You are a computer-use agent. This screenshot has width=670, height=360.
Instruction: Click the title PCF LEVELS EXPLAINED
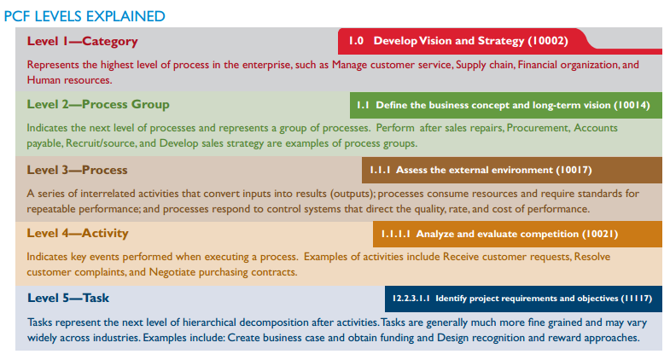click(x=84, y=16)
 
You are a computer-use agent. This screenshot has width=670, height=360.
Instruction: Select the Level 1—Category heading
click(x=83, y=41)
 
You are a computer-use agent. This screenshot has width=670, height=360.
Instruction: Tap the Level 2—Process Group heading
click(x=98, y=105)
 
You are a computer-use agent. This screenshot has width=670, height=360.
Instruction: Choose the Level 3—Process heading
click(x=78, y=170)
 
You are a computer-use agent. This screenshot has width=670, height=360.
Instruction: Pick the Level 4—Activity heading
click(x=78, y=233)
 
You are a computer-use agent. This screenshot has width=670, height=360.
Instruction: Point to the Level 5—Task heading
click(x=68, y=298)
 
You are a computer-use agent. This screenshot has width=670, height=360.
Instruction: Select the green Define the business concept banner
click(x=506, y=106)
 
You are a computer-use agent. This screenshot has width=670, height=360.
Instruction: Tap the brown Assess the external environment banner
click(x=512, y=170)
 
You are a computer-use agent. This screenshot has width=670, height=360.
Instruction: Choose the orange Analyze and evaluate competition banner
click(x=517, y=234)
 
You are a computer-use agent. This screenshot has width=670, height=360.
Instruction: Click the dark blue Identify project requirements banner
click(x=523, y=299)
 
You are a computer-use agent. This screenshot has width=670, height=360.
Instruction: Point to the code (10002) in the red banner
click(x=548, y=41)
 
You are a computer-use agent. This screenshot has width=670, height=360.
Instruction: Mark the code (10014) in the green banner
click(x=632, y=105)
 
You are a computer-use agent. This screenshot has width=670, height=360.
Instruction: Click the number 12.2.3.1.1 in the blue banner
click(x=411, y=298)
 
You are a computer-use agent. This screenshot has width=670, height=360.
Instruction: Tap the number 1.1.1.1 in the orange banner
click(x=396, y=234)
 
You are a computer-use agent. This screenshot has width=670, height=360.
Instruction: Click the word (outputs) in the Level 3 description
click(x=352, y=194)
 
